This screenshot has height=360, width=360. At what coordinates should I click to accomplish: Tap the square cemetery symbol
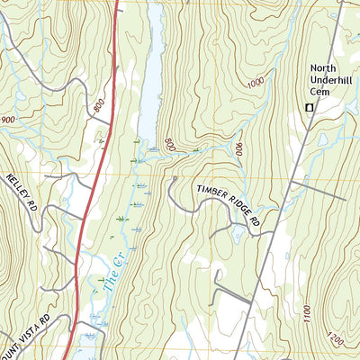point(309,108)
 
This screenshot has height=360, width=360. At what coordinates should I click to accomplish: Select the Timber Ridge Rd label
point(229,203)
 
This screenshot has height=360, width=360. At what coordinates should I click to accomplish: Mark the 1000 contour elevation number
point(255,83)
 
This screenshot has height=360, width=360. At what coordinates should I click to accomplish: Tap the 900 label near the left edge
point(9,120)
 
